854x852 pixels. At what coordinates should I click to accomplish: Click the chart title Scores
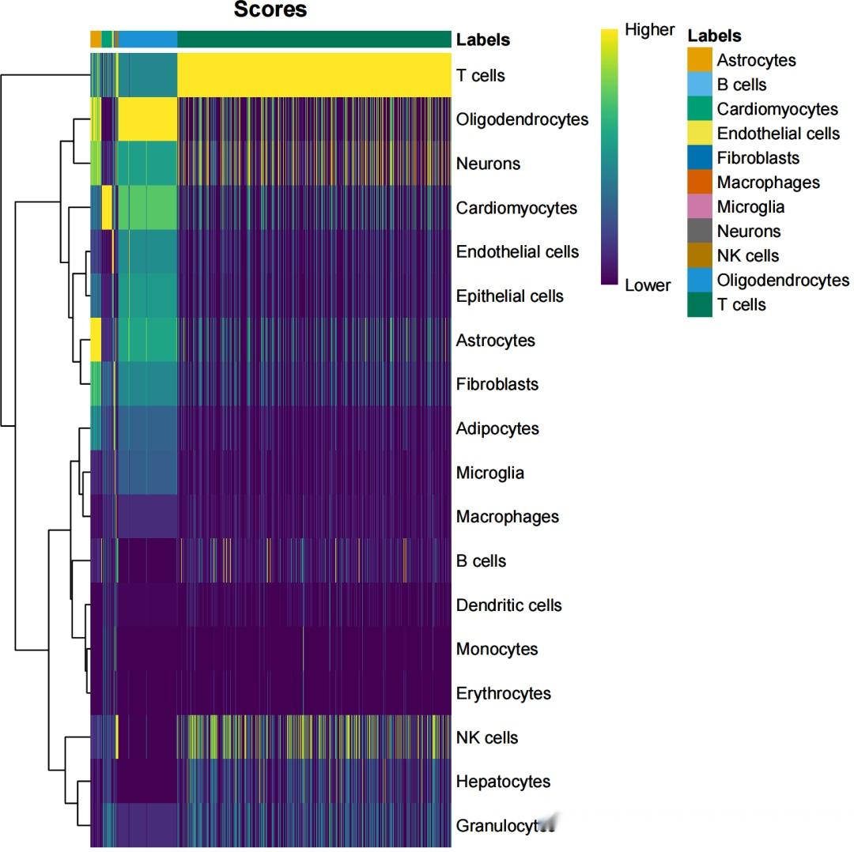(x=270, y=10)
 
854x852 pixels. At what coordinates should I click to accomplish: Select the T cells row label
(x=480, y=76)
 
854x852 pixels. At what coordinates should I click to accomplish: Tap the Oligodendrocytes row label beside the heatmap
(x=522, y=119)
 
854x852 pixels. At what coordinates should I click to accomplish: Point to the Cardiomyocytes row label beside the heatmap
(x=516, y=208)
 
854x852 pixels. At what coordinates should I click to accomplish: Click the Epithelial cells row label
(x=509, y=296)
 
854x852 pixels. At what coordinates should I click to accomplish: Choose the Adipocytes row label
(x=497, y=428)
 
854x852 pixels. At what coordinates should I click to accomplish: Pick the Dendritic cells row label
(x=508, y=605)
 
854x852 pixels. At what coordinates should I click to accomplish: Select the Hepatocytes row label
(x=503, y=782)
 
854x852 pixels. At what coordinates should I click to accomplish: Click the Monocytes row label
(x=497, y=649)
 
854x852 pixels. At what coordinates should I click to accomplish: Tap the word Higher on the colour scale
(x=649, y=30)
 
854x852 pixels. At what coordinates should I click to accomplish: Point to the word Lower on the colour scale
(x=647, y=285)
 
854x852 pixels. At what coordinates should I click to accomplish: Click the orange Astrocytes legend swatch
(x=700, y=60)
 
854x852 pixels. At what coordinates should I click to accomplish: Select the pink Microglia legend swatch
(x=700, y=207)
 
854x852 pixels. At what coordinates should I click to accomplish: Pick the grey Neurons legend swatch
(x=700, y=232)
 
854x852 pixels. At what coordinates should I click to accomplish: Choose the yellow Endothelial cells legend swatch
(x=700, y=134)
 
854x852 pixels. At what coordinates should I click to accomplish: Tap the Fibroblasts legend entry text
(x=758, y=158)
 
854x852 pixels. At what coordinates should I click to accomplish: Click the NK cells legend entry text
(x=747, y=256)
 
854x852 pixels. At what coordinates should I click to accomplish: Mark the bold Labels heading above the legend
(x=714, y=36)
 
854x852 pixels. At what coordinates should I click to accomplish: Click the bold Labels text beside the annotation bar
(x=482, y=40)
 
